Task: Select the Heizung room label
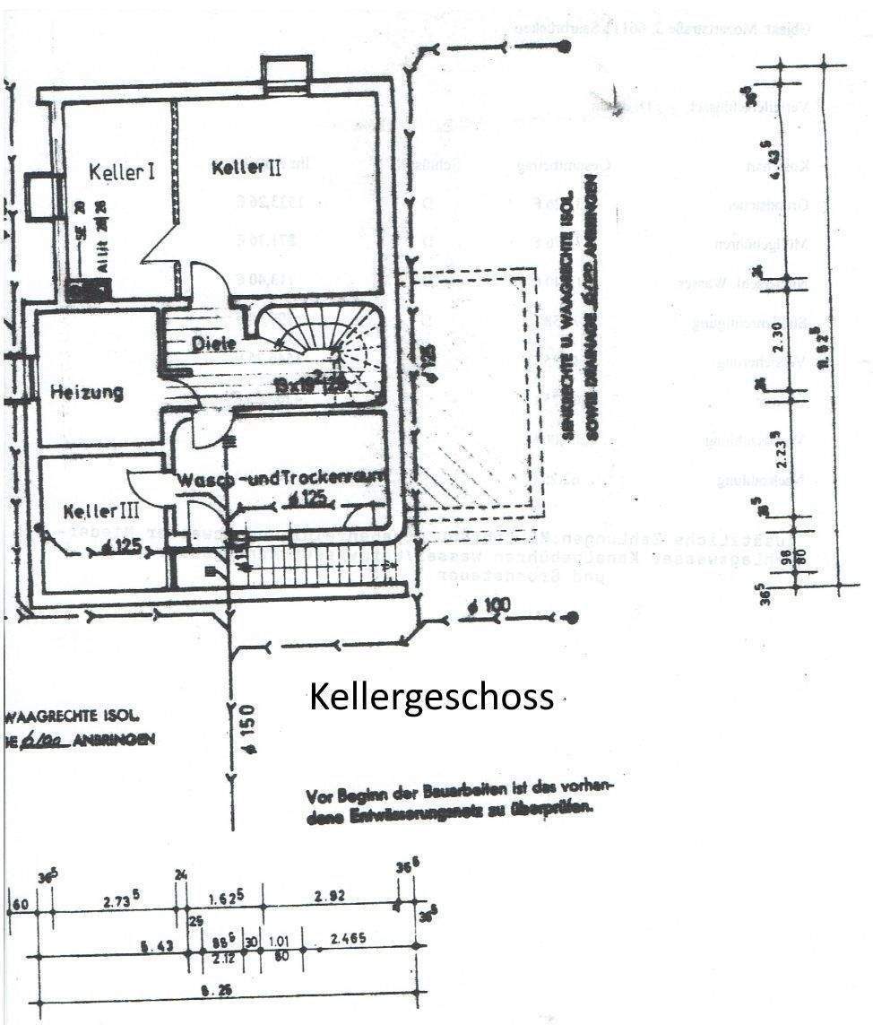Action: pos(87,393)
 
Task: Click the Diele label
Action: pos(213,343)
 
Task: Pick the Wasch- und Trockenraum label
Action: pos(282,479)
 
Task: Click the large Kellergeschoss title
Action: pos(431,697)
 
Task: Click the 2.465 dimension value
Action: pos(348,939)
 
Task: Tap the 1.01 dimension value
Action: pos(281,940)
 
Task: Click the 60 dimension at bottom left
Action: pos(20,903)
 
